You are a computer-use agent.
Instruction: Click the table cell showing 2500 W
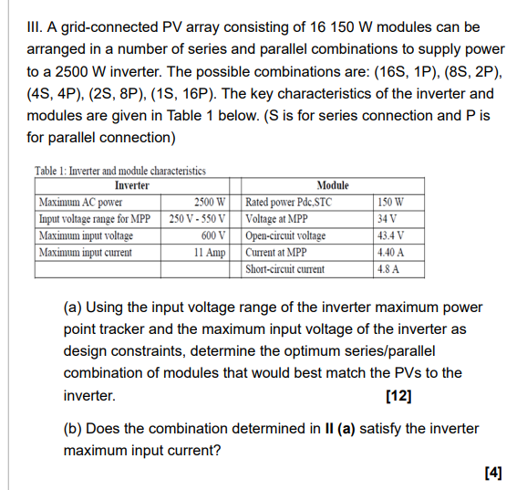click(x=209, y=202)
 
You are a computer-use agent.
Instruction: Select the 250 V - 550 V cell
click(x=198, y=219)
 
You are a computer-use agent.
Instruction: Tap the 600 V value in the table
click(x=212, y=235)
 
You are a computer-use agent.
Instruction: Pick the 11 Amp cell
click(x=209, y=252)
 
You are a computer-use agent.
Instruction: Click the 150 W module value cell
click(x=390, y=202)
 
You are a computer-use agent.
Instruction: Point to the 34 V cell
click(x=387, y=219)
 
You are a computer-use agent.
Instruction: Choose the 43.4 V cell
click(x=390, y=235)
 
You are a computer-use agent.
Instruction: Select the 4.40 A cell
click(x=390, y=252)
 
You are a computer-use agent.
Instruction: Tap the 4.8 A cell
click(x=388, y=269)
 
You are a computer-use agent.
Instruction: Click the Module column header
click(x=332, y=185)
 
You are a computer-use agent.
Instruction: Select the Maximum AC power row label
click(x=81, y=202)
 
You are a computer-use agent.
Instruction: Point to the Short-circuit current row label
click(x=285, y=269)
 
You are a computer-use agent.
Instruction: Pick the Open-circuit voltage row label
click(x=285, y=235)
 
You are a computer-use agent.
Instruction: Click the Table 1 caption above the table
click(x=119, y=171)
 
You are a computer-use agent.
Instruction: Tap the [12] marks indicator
click(x=398, y=396)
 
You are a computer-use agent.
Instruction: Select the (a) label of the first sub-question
click(x=73, y=308)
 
